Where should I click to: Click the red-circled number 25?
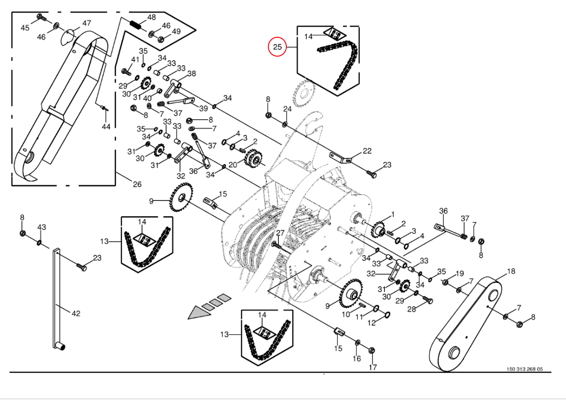(277, 47)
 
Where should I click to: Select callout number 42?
(76, 313)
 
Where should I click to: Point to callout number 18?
(511, 271)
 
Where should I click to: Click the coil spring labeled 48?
(134, 23)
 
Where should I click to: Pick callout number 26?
(137, 184)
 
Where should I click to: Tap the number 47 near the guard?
(87, 23)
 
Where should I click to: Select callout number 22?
(367, 151)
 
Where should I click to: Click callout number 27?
(280, 233)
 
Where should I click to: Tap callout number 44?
(106, 127)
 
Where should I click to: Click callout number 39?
(203, 109)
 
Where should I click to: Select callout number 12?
(372, 323)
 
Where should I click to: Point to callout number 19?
(459, 273)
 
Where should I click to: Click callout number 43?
(42, 227)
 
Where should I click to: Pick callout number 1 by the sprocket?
(392, 215)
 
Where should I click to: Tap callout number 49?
(176, 32)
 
